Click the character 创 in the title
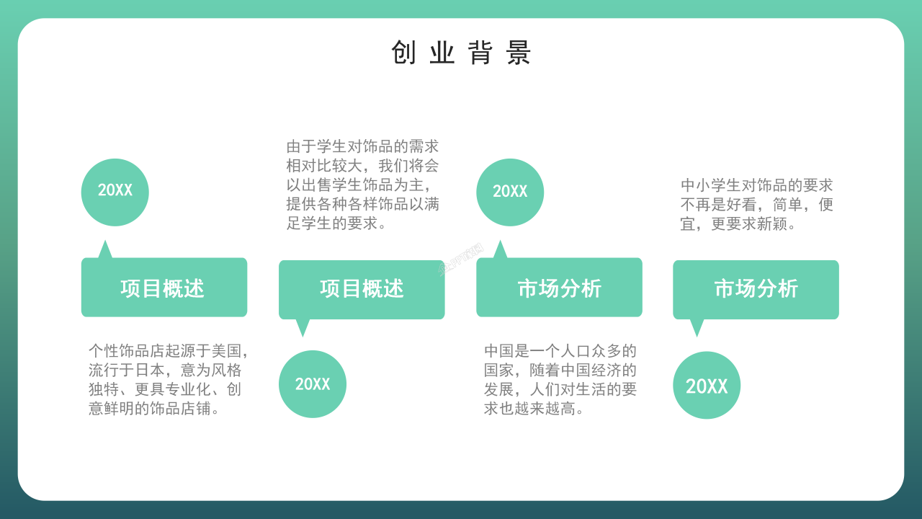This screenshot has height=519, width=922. (403, 53)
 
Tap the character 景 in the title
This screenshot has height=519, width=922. (519, 53)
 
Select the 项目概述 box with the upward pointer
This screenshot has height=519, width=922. (164, 288)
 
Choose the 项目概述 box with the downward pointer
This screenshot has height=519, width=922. (362, 289)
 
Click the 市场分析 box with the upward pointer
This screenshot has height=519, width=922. (559, 288)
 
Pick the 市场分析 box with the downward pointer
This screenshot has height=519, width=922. (756, 289)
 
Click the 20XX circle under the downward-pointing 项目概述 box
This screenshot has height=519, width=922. (313, 384)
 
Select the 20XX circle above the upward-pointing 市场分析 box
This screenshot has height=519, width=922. (510, 192)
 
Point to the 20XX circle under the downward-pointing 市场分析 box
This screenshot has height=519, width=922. (707, 386)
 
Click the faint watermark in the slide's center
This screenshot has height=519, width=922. (461, 263)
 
